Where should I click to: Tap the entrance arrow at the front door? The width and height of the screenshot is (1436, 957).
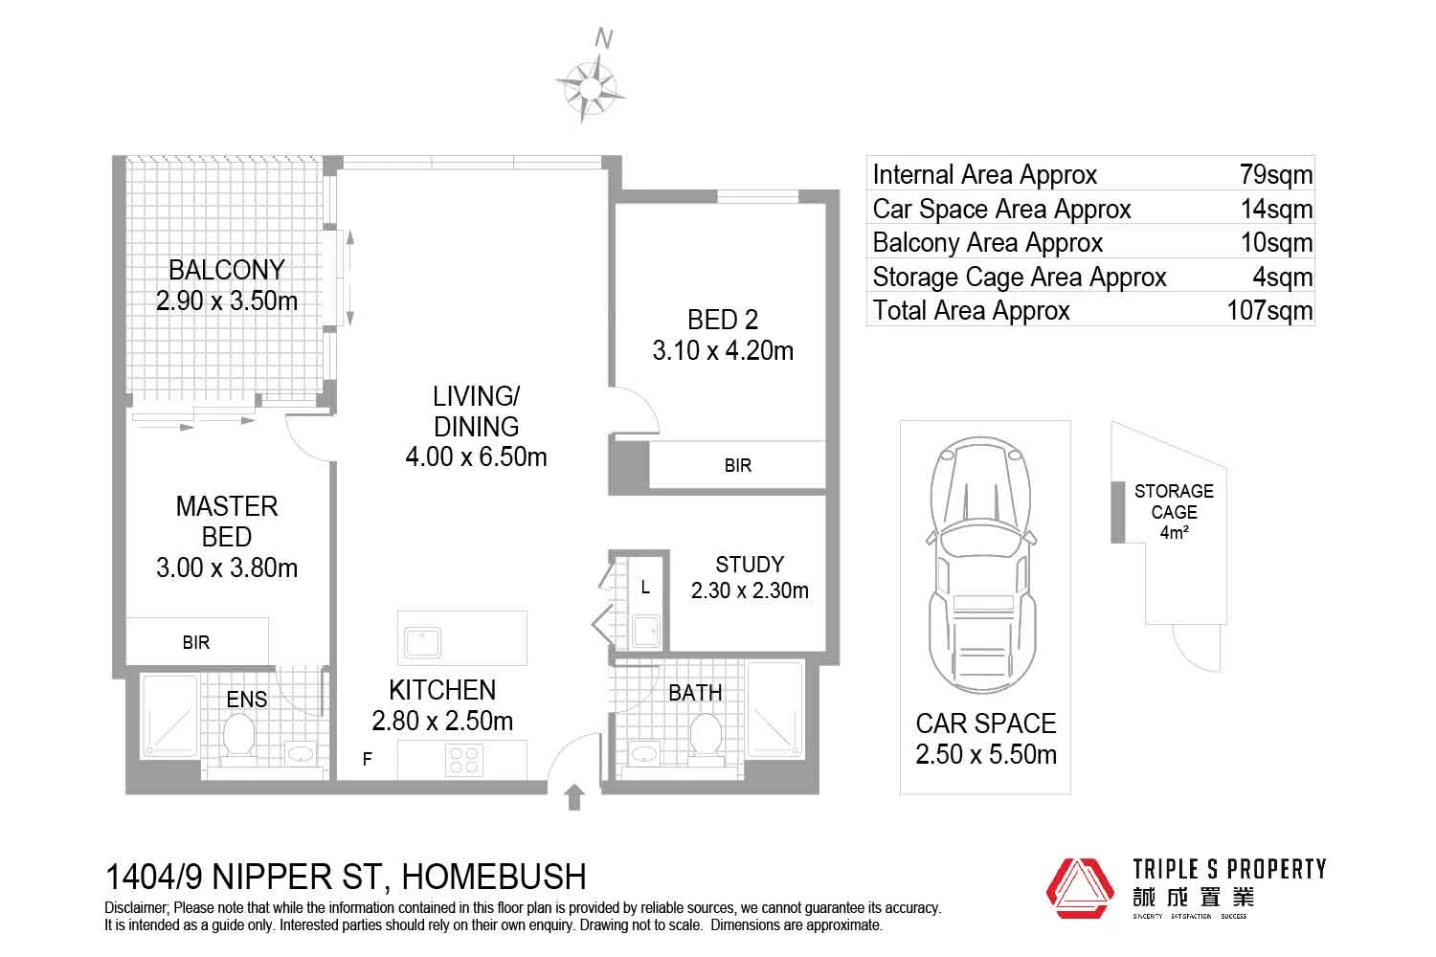pos(574,796)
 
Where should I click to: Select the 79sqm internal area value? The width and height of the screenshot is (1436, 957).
pos(1275,175)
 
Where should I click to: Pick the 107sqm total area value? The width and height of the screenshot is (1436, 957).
pos(1269,311)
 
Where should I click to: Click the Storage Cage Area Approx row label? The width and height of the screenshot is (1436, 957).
pos(1019,278)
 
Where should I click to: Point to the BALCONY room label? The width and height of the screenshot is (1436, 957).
pos(227,270)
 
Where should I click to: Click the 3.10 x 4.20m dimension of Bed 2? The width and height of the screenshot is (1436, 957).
pos(723,351)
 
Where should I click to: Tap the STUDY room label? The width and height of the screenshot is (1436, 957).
pos(750,565)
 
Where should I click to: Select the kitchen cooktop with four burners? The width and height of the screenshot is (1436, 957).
pos(464,761)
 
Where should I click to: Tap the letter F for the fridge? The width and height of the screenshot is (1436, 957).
pos(367,761)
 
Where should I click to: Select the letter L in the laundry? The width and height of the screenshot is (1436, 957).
pos(645,588)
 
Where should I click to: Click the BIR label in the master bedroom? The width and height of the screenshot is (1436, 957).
pos(196,643)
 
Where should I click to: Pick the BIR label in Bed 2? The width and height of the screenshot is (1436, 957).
pos(737,466)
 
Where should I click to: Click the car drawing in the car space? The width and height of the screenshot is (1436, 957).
pos(983,565)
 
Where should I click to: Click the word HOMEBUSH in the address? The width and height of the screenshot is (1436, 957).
pos(492,876)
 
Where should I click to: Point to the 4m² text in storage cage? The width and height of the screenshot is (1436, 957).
pos(1174,533)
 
